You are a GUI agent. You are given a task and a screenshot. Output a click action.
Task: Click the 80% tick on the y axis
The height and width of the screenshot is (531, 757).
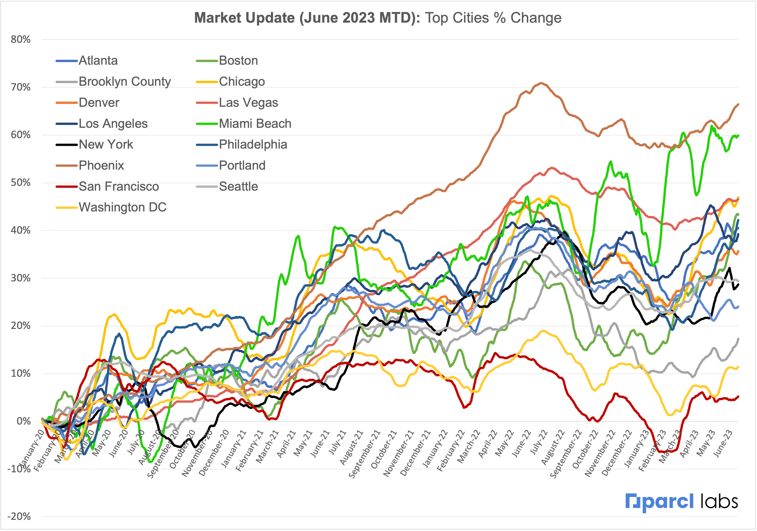click(20, 40)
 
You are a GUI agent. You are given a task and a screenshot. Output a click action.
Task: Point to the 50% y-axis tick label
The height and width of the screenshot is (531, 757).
click(20, 182)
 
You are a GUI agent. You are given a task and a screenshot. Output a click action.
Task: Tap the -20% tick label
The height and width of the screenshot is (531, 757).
click(19, 516)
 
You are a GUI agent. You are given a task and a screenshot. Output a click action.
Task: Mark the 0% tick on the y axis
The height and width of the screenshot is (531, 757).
click(24, 421)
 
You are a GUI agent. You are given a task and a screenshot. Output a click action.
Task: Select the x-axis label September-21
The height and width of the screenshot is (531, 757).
click(364, 455)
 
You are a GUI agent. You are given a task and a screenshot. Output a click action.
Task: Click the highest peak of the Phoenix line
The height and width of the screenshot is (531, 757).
click(541, 83)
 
